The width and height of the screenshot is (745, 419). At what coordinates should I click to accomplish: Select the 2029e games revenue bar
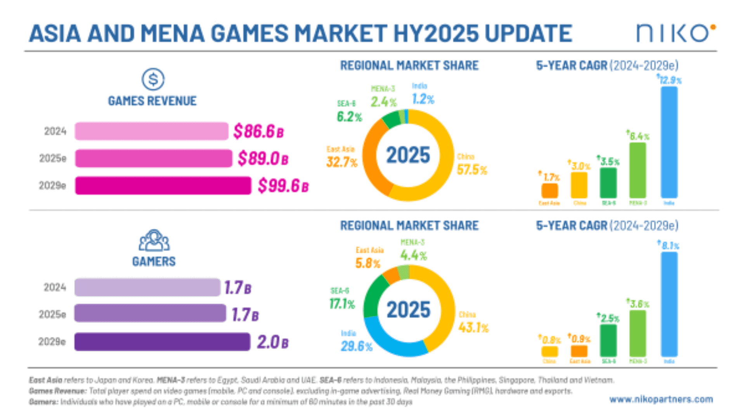click(x=163, y=185)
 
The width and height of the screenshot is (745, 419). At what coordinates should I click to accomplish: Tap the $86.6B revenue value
click(x=258, y=131)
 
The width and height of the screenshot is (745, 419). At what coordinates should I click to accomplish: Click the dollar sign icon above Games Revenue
click(x=153, y=79)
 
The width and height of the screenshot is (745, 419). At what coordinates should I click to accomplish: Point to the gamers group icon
click(x=154, y=241)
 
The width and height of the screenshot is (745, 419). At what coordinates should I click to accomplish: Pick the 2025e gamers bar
click(x=150, y=313)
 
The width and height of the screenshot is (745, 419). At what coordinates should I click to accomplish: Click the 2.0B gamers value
click(x=272, y=342)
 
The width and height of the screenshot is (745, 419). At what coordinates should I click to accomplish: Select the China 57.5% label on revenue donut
click(x=471, y=165)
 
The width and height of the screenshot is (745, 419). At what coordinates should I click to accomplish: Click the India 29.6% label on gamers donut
click(x=356, y=341)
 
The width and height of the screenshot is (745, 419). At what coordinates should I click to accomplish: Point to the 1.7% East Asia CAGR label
click(x=550, y=177)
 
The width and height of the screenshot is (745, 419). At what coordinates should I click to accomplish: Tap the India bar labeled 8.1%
click(x=669, y=304)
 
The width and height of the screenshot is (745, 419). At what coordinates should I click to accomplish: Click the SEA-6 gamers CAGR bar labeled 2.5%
click(x=608, y=340)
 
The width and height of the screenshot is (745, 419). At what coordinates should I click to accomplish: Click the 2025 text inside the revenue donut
click(x=408, y=155)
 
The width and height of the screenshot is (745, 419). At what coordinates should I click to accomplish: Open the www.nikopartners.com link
click(x=661, y=399)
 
